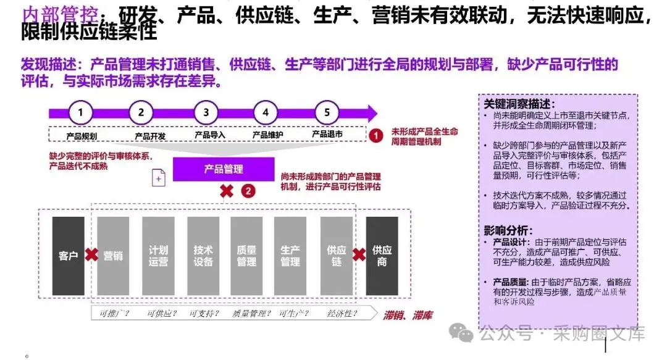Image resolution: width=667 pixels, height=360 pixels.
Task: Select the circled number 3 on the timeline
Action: pyautogui.click(x=206, y=112)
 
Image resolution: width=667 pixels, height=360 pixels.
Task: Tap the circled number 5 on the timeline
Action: pyautogui.click(x=327, y=112)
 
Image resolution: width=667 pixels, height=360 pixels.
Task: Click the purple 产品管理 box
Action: pyautogui.click(x=224, y=169)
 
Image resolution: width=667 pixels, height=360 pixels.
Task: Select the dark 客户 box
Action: pyautogui.click(x=68, y=256)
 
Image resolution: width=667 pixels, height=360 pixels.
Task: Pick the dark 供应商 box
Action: pyautogui.click(x=382, y=256)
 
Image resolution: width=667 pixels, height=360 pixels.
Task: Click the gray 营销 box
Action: pyautogui.click(x=113, y=256)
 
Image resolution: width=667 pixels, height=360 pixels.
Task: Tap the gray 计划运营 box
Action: pyautogui.click(x=158, y=256)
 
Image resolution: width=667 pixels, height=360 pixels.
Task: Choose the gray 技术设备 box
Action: pyautogui.click(x=203, y=256)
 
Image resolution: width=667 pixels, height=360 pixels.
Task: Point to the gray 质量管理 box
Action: pyautogui.click(x=247, y=256)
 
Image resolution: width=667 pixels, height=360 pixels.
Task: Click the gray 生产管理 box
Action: pyautogui.click(x=290, y=256)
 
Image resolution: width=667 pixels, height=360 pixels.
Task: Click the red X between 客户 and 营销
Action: pyautogui.click(x=91, y=254)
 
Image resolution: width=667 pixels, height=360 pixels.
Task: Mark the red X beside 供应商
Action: pyautogui.click(x=359, y=254)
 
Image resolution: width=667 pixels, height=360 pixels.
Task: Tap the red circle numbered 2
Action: pyautogui.click(x=248, y=191)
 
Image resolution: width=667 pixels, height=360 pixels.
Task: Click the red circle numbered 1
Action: pyautogui.click(x=375, y=135)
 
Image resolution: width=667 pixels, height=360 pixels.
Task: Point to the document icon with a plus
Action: pyautogui.click(x=159, y=178)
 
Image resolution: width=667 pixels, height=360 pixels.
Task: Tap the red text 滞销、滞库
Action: pyautogui.click(x=408, y=316)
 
